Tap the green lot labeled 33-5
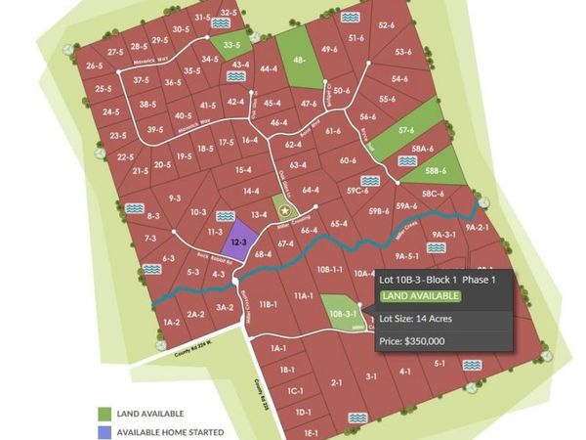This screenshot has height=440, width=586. click(x=232, y=45)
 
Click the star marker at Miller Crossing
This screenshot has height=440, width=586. click(x=285, y=209)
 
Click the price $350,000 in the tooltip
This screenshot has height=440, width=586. click(x=411, y=340)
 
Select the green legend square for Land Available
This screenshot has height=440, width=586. click(x=105, y=414)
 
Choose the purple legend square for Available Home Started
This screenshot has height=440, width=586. click(x=105, y=431)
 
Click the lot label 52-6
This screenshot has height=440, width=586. click(x=385, y=24)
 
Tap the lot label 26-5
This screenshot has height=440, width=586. click(x=95, y=66)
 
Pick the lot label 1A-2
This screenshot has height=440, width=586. click(x=172, y=321)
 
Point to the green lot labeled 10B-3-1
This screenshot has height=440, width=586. click(x=338, y=313)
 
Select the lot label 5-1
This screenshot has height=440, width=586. click(x=439, y=363)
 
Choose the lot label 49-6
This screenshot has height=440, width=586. click(x=329, y=50)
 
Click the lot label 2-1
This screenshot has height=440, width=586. click(x=336, y=383)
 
